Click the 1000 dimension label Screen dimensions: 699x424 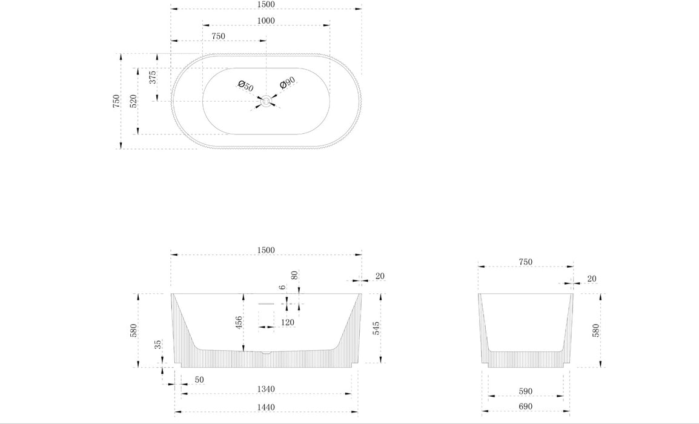266,21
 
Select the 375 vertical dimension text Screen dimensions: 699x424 153,77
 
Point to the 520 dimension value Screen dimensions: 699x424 133,101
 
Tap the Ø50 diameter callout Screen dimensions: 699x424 246,85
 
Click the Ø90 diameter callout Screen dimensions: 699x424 288,83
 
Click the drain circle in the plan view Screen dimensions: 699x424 266,101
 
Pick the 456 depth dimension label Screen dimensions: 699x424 239,322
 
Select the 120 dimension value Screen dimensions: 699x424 288,322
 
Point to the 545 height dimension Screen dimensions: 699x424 376,328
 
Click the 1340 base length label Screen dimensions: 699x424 266,389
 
